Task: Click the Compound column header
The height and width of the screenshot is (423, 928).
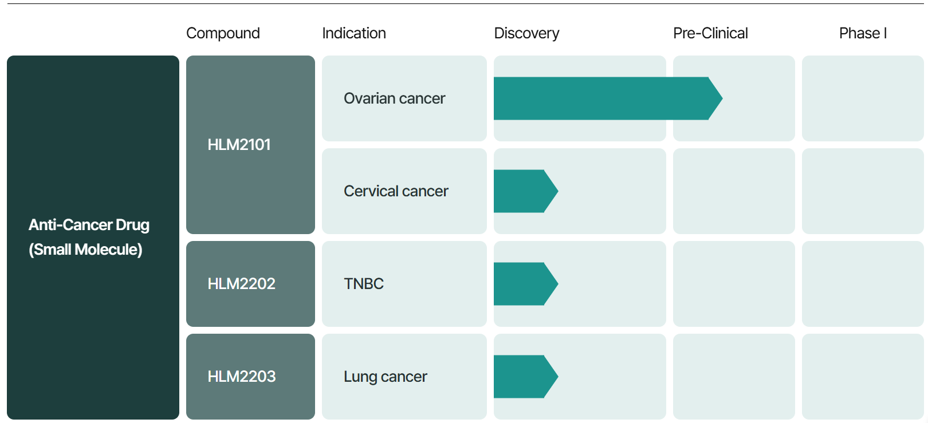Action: [223, 33]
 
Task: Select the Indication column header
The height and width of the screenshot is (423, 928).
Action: [354, 33]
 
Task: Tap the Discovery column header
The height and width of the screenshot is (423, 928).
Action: [526, 33]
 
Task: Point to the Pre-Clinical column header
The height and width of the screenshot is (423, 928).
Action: [710, 33]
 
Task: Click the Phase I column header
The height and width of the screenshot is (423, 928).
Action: [863, 33]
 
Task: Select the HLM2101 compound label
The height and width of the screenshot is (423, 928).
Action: [239, 144]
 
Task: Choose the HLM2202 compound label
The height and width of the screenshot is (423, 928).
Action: [242, 283]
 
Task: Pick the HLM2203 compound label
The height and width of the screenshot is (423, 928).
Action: [242, 376]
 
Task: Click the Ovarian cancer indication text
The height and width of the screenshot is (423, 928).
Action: [394, 98]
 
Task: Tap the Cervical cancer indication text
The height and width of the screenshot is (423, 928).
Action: [396, 191]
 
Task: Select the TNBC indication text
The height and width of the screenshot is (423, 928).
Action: [364, 283]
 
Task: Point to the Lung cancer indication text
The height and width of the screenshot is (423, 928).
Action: [386, 377]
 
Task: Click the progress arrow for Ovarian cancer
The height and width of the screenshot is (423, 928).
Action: [608, 98]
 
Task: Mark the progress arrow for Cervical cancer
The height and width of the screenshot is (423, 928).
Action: [526, 191]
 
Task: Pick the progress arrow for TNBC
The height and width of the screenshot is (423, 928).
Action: [526, 284]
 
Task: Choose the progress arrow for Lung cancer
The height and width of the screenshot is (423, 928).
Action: [526, 377]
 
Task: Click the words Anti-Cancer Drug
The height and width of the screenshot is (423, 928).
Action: [89, 225]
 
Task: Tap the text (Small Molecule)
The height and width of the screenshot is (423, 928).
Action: [85, 250]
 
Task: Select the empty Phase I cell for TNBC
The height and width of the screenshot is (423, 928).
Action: [863, 284]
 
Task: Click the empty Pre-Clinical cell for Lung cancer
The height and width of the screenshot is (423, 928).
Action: [734, 377]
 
